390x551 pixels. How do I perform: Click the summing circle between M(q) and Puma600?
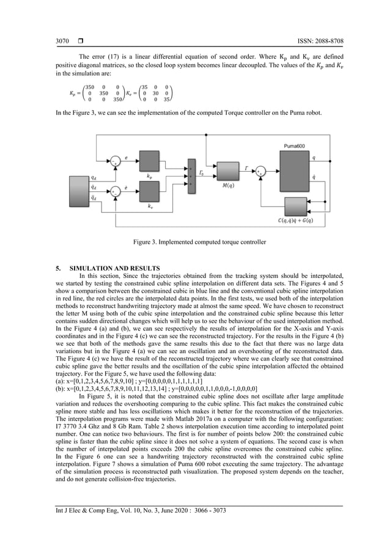(x=261, y=171)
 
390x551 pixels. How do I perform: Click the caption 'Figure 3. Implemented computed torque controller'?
(x=199, y=242)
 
